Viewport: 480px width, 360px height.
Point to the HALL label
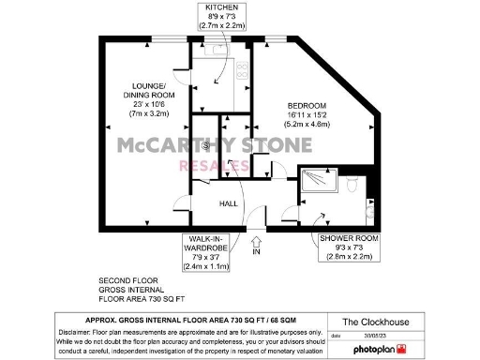tap(229, 203)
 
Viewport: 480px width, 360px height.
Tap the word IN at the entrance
tap(256, 252)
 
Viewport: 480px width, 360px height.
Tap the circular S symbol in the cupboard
tap(205, 144)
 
